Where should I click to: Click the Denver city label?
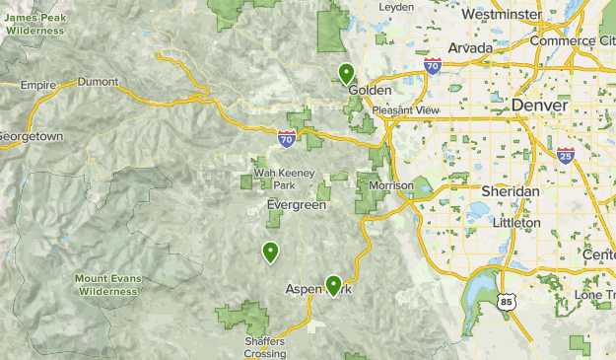pyautogui.click(x=539, y=106)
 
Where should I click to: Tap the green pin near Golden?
pyautogui.click(x=346, y=73)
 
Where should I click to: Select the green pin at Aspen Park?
pyautogui.click(x=334, y=285)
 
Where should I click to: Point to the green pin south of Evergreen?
pyautogui.click(x=269, y=252)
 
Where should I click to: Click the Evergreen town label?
pyautogui.click(x=295, y=205)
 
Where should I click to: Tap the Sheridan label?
pyautogui.click(x=510, y=190)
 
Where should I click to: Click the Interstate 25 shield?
pyautogui.click(x=565, y=155)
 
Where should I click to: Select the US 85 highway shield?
pyautogui.click(x=507, y=302)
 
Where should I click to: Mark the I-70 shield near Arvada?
pyautogui.click(x=433, y=66)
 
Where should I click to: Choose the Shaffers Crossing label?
pyautogui.click(x=264, y=347)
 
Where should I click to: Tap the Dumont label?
pyautogui.click(x=98, y=82)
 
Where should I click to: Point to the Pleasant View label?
pyautogui.click(x=413, y=110)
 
